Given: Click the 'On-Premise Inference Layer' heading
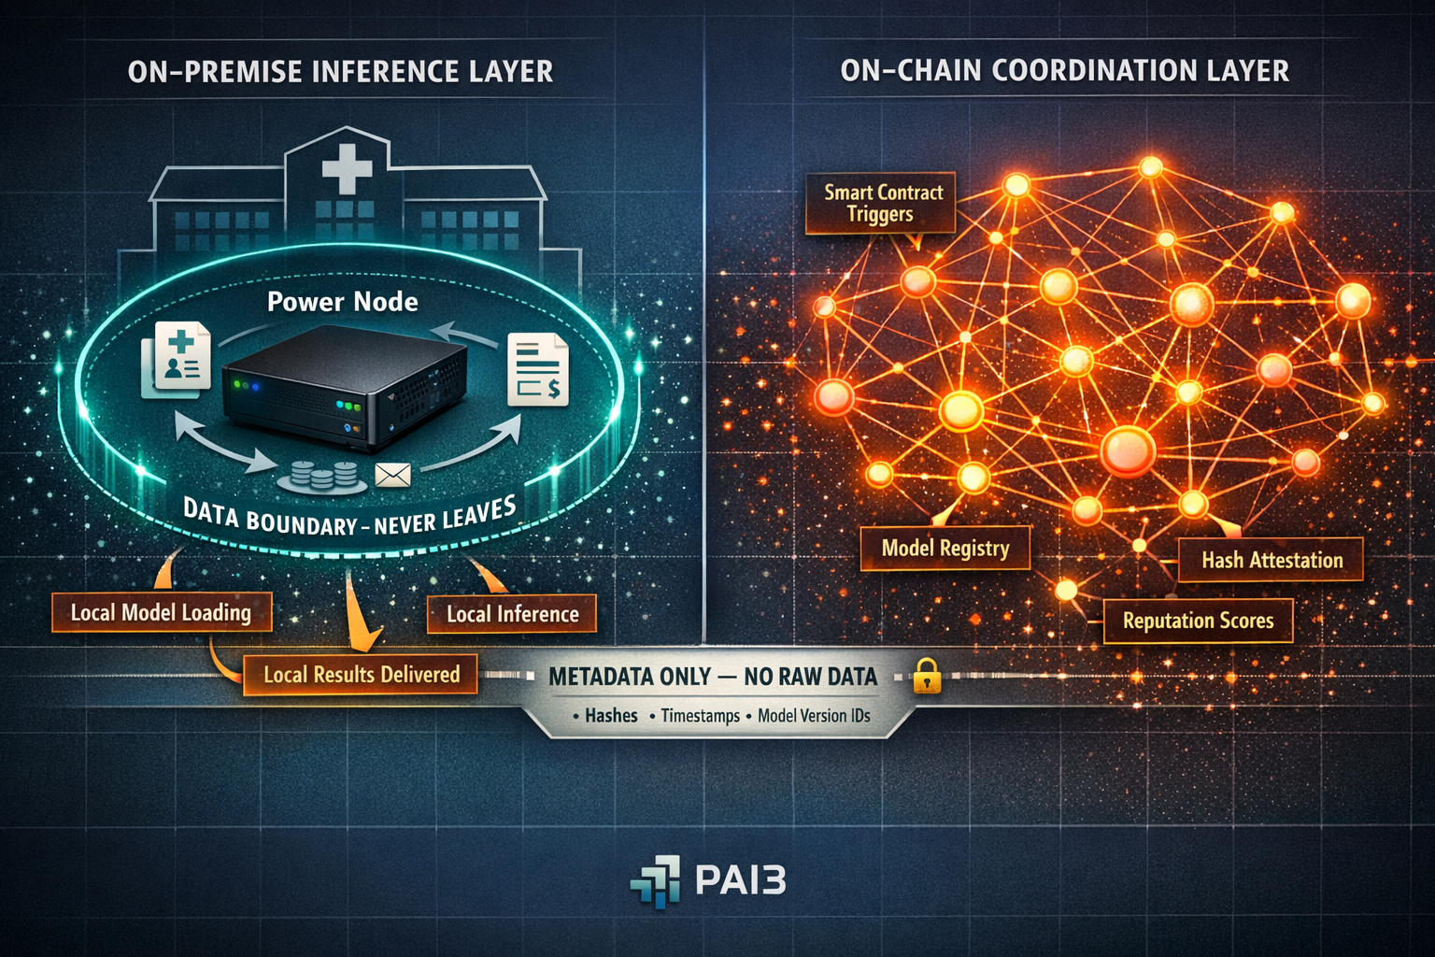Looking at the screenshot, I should click(340, 72).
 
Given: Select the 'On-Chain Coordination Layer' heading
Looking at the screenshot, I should click(1064, 71).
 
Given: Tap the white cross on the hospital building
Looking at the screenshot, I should click(347, 169).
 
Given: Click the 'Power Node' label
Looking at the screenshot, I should click(342, 302).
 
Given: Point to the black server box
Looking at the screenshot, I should click(344, 384).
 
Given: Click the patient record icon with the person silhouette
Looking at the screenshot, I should click(178, 361).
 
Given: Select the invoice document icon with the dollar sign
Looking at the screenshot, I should click(538, 370).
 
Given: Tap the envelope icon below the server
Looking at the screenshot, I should click(392, 476).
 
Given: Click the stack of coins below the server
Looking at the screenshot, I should click(323, 476).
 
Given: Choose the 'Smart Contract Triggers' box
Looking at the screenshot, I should click(881, 203).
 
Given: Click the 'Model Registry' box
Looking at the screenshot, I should click(945, 549).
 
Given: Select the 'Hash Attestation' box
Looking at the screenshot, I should click(1271, 560).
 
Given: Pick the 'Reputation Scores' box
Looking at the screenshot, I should click(1198, 621).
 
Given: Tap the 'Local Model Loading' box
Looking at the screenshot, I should click(162, 613).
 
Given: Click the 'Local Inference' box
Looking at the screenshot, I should click(512, 614).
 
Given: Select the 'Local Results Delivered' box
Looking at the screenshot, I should click(361, 675).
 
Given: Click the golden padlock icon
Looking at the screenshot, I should click(926, 676).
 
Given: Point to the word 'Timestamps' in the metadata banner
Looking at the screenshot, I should click(700, 716).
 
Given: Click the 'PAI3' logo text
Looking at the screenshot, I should click(740, 880).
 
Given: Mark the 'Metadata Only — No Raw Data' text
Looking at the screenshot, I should click(712, 677).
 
